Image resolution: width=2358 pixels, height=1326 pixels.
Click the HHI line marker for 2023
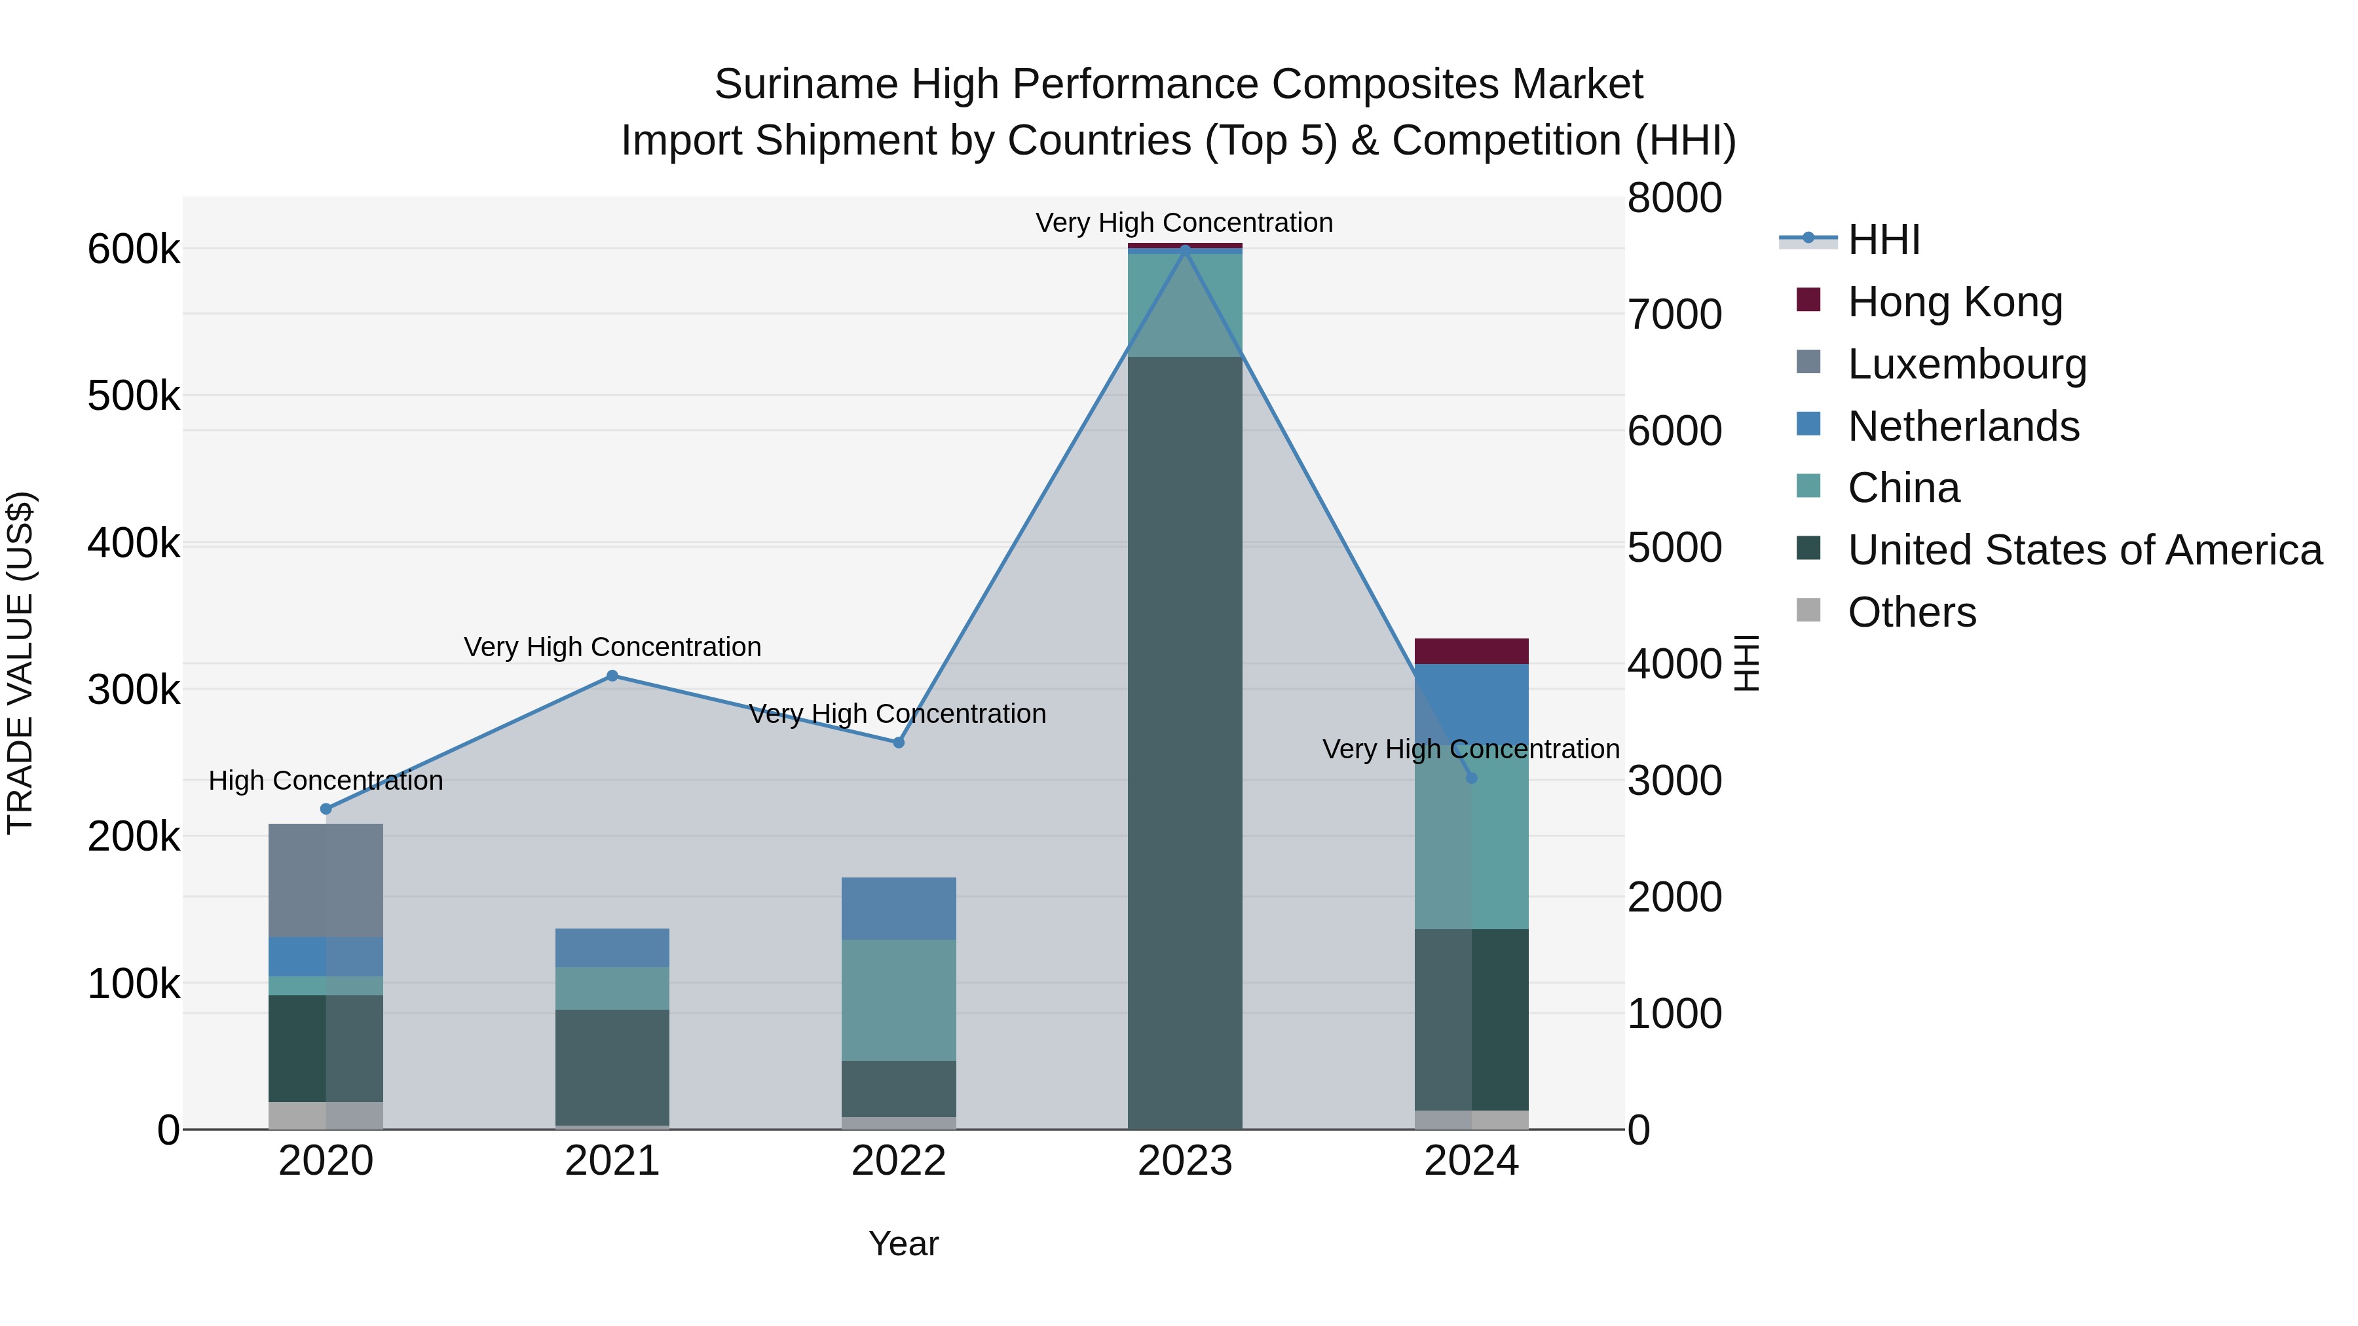[x=1184, y=250]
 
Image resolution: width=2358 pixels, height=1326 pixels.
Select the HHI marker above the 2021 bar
[x=612, y=676]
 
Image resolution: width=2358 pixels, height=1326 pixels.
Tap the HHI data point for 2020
[x=326, y=809]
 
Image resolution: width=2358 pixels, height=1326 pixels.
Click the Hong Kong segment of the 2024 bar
[x=1471, y=652]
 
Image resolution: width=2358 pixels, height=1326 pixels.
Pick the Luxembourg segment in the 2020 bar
[x=326, y=880]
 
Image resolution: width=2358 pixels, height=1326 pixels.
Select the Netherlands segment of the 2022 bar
[x=898, y=909]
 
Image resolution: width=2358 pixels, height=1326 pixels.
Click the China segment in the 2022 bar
[x=898, y=1000]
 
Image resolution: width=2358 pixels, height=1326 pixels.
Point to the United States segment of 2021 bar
[x=612, y=1067]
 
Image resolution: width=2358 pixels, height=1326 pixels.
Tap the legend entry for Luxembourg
[x=1966, y=364]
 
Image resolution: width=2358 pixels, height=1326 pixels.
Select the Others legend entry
[x=1911, y=612]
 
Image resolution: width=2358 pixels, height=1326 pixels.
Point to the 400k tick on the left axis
[x=134, y=543]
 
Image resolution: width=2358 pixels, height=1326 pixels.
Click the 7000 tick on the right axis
[x=1674, y=315]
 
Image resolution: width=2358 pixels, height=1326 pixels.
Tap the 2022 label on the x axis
[x=898, y=1161]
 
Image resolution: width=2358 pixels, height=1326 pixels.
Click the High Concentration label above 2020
[x=326, y=781]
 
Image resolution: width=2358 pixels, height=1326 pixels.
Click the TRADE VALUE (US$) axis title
[x=21, y=663]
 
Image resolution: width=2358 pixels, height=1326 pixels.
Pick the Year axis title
[x=903, y=1243]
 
